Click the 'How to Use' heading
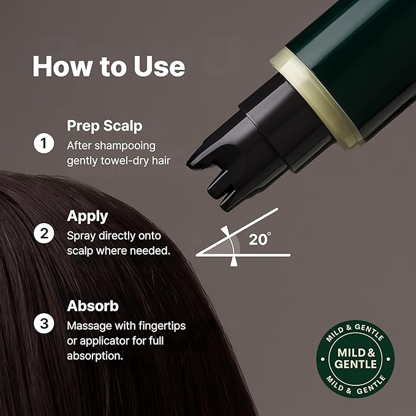pyautogui.click(x=108, y=66)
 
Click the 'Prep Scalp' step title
pyautogui.click(x=104, y=126)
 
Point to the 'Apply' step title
pyautogui.click(x=87, y=216)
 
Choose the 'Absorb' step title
pyautogui.click(x=93, y=305)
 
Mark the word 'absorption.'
pyautogui.click(x=95, y=354)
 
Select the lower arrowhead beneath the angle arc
pyautogui.click(x=233, y=262)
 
